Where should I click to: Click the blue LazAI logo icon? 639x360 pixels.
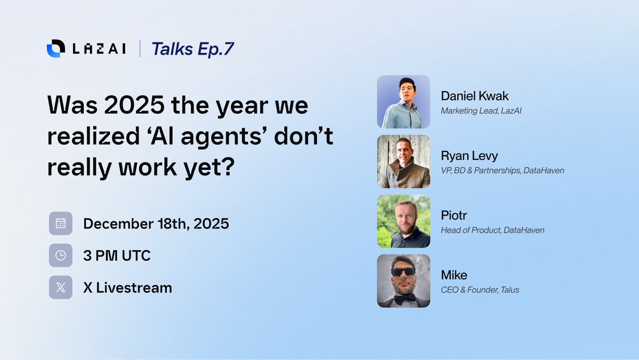click(x=56, y=49)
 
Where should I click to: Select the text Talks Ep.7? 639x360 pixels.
click(x=192, y=49)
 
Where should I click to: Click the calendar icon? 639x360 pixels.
click(x=61, y=223)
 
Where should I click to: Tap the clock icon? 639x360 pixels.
click(x=61, y=255)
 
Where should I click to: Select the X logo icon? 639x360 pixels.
click(x=61, y=287)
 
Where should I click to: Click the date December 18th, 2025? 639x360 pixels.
click(x=156, y=223)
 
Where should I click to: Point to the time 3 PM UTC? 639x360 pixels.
click(x=117, y=255)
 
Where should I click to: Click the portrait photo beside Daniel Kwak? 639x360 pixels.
click(x=403, y=102)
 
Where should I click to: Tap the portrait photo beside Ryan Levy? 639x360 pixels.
click(x=403, y=162)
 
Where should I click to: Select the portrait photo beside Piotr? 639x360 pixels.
click(x=403, y=221)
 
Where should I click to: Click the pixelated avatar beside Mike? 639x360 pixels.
click(x=403, y=281)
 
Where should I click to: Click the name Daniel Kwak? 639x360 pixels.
click(x=475, y=96)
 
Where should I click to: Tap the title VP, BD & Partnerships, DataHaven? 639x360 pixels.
click(x=502, y=171)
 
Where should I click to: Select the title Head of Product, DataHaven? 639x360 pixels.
click(x=492, y=230)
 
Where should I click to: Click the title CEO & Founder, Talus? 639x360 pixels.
click(x=480, y=290)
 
